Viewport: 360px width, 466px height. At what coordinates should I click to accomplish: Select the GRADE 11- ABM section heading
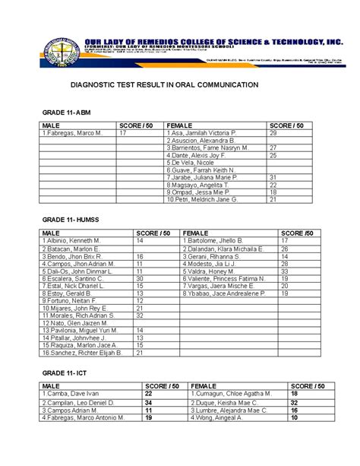click(70, 112)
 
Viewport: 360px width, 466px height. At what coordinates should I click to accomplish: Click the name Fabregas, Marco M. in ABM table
click(72, 133)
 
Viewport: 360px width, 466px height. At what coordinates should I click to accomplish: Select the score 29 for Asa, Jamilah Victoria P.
click(273, 133)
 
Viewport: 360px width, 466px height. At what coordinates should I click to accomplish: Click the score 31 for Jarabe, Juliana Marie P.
click(273, 177)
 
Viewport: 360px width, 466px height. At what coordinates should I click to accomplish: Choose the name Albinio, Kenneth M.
click(71, 241)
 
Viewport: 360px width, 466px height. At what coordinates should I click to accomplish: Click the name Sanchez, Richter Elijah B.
click(83, 353)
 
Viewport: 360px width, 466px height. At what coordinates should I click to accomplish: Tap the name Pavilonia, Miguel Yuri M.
click(82, 331)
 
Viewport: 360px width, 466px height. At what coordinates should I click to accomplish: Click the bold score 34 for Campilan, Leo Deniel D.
click(148, 403)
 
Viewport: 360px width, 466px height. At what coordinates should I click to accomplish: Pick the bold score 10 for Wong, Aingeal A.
click(293, 417)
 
